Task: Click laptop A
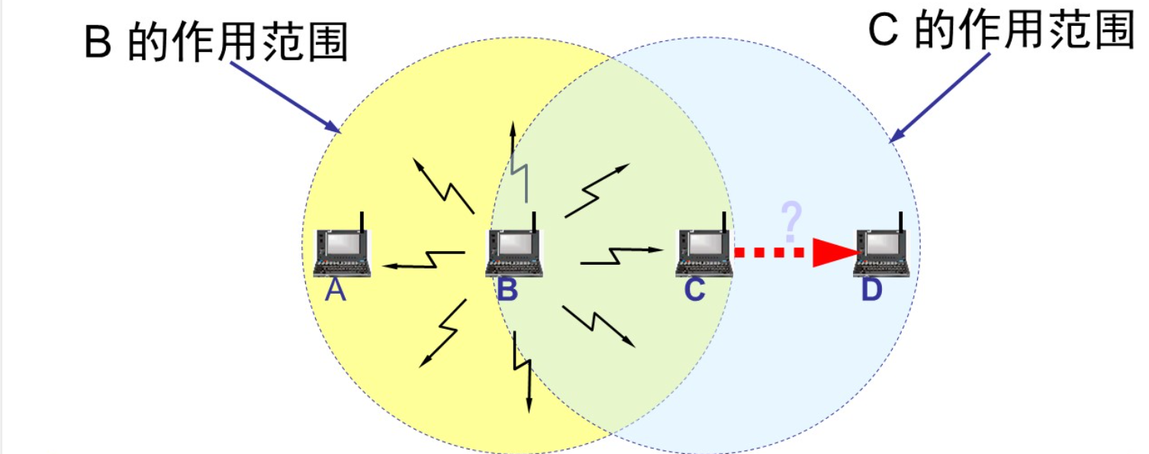(x=342, y=252)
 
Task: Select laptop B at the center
(x=514, y=252)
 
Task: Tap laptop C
(x=703, y=252)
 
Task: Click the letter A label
(x=336, y=291)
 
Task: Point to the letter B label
(x=507, y=291)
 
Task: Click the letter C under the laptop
(x=694, y=291)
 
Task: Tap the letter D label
(x=871, y=291)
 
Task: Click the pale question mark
(x=792, y=221)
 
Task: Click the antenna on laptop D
(x=902, y=221)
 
